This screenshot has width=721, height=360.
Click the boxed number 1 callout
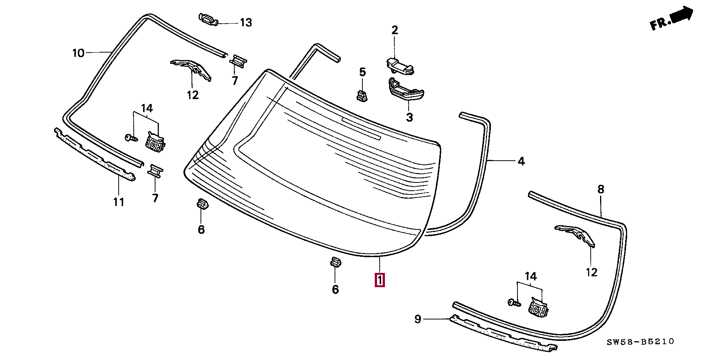click(x=380, y=280)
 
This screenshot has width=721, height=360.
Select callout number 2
click(x=395, y=30)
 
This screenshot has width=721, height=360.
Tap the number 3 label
click(x=409, y=117)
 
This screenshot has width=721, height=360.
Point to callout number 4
click(x=521, y=161)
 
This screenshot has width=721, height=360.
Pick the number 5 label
click(x=362, y=72)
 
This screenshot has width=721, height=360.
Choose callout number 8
click(x=601, y=189)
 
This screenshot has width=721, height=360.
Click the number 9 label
click(x=418, y=319)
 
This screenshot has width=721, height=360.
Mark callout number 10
click(x=78, y=53)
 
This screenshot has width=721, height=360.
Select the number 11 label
click(x=119, y=202)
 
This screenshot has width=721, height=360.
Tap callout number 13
click(x=246, y=23)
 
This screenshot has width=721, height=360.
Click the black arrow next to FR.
click(x=682, y=15)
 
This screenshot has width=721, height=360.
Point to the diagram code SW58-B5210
click(x=640, y=342)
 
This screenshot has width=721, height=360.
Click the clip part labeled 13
click(x=208, y=19)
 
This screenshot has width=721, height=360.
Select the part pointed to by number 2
click(x=400, y=66)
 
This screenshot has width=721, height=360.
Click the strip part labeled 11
click(x=95, y=154)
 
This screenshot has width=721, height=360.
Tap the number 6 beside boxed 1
click(x=335, y=289)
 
